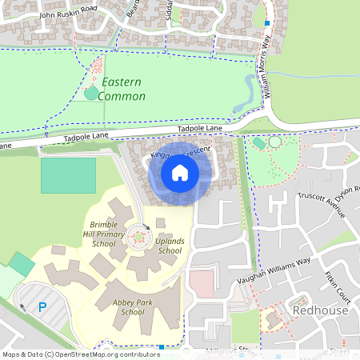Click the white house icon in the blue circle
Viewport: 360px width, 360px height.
[x=180, y=172]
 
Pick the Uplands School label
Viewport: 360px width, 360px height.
[x=170, y=246]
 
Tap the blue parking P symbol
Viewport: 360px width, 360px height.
[x=42, y=306]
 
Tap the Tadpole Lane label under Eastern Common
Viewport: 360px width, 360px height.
[x=199, y=129]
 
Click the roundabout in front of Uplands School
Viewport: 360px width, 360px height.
[x=140, y=237]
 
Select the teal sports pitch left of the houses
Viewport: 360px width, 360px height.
[x=68, y=175]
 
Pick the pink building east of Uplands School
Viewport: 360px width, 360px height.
[x=202, y=282]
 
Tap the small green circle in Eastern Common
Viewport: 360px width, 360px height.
[x=90, y=94]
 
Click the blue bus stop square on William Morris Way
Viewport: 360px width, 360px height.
[x=268, y=24]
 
